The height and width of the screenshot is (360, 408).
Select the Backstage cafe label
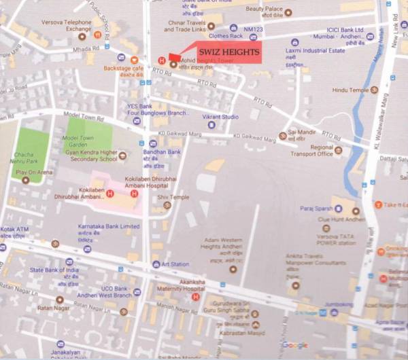(x=124, y=69)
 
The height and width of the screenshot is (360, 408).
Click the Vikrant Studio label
(x=220, y=117)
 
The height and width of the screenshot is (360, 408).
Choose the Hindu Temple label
(x=350, y=90)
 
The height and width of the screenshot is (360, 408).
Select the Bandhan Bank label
(x=161, y=152)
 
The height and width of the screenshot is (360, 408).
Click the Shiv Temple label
(x=173, y=197)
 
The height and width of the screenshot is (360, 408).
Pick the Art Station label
(x=175, y=264)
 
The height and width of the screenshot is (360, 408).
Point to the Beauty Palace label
(x=264, y=10)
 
